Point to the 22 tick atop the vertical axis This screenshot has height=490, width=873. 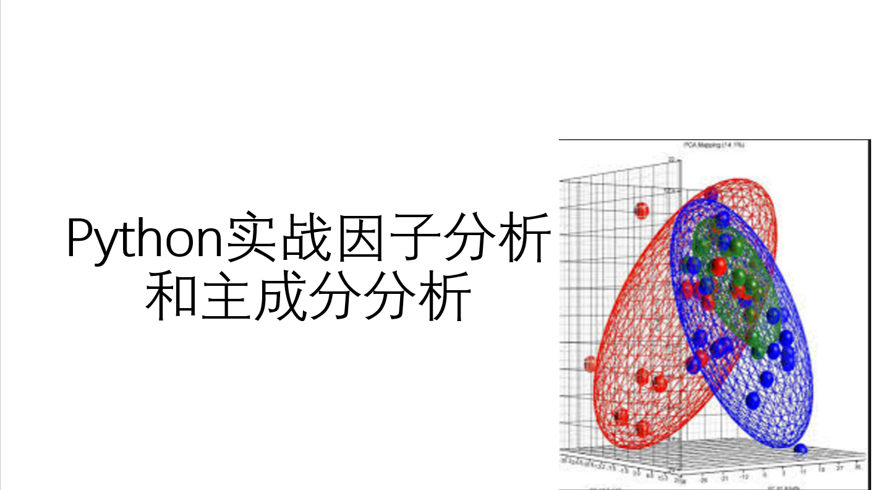click(671, 160)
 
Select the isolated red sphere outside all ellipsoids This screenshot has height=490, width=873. click(641, 211)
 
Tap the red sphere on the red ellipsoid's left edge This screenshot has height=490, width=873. click(590, 364)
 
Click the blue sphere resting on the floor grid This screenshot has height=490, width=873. click(801, 449)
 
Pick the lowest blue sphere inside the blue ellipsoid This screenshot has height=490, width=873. click(752, 401)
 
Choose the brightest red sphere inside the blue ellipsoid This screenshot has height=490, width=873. click(718, 267)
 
